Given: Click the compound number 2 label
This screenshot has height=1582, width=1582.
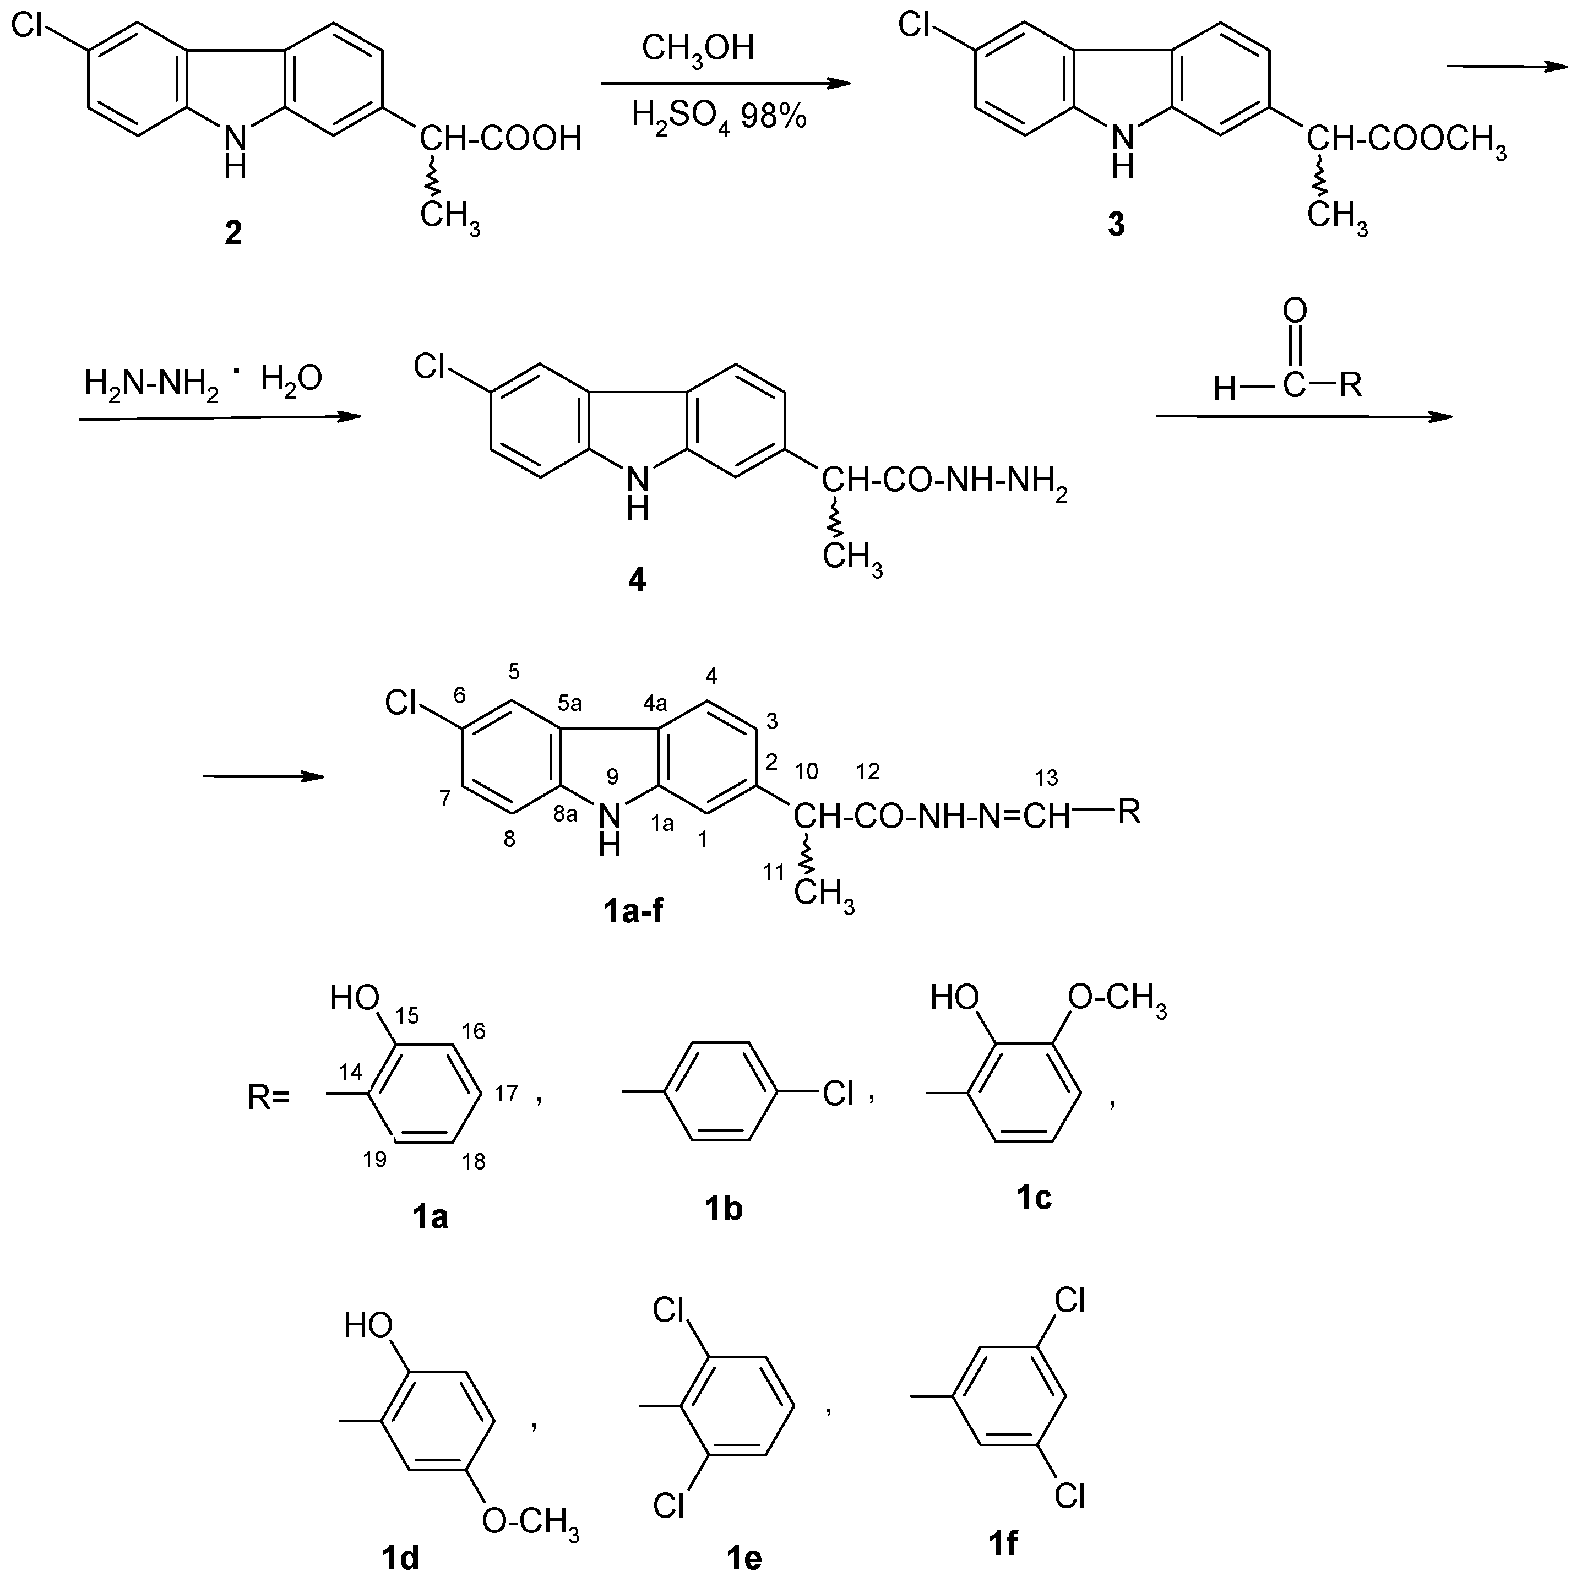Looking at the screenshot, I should (x=233, y=234).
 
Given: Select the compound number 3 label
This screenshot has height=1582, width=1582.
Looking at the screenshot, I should (x=1116, y=224).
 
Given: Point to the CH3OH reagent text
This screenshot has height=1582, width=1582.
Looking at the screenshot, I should (x=698, y=48).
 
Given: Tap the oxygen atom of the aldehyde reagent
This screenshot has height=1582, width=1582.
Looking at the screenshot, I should (x=1295, y=311).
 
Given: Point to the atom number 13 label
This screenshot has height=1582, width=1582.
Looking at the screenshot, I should (x=1046, y=777).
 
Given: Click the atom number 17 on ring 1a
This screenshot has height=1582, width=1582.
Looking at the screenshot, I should (x=506, y=1093).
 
